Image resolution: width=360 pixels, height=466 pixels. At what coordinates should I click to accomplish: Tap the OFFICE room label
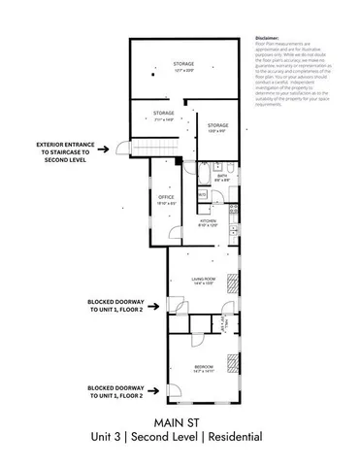click(x=166, y=199)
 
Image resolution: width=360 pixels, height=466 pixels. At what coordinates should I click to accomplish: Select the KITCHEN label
click(x=208, y=222)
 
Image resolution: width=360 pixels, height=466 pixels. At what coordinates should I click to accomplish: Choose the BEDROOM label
click(x=203, y=365)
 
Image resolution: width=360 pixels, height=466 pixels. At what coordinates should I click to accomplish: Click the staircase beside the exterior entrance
click(x=140, y=148)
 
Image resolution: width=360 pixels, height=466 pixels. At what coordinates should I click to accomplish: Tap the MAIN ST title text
click(x=180, y=422)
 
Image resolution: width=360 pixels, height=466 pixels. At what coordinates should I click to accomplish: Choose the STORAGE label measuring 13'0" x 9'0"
click(x=217, y=126)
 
